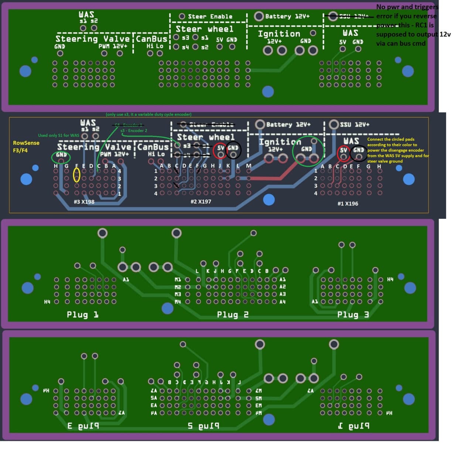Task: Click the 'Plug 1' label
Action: coord(82,315)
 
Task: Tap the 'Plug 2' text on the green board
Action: coord(233,315)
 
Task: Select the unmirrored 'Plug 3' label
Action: coord(353,315)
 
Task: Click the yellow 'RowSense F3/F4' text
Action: coord(26,146)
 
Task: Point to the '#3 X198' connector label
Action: coord(84,202)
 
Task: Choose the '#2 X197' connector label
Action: coord(201,202)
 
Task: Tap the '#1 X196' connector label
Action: coord(348,204)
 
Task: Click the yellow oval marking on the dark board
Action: coord(76,175)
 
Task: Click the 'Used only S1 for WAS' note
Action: coord(58,136)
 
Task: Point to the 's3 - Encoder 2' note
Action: coord(134,130)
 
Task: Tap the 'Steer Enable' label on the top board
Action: coord(210,17)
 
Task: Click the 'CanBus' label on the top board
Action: coord(152,39)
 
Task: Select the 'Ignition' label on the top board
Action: coord(279,34)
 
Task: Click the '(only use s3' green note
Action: coord(148,115)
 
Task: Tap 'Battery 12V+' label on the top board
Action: coord(287,16)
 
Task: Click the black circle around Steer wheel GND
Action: coord(233,149)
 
